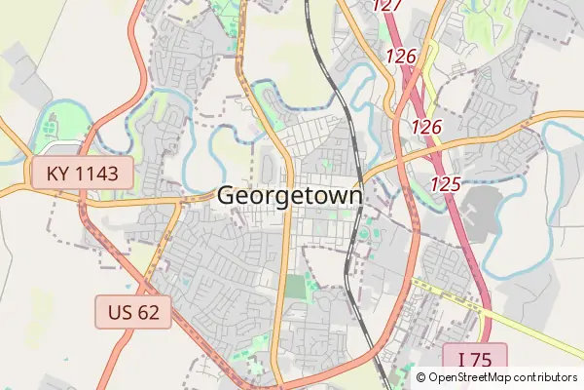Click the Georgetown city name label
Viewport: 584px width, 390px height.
pyautogui.click(x=290, y=195)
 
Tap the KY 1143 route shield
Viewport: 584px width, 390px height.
pyautogui.click(x=82, y=175)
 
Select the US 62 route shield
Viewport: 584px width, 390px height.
pyautogui.click(x=133, y=313)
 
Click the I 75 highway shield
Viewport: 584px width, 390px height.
pyautogui.click(x=474, y=358)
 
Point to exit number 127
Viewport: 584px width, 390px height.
pyautogui.click(x=387, y=5)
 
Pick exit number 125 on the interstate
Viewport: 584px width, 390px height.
pyautogui.click(x=445, y=183)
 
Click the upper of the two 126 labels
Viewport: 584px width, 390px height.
pyautogui.click(x=401, y=57)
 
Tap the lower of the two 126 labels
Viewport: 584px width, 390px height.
pyautogui.click(x=426, y=127)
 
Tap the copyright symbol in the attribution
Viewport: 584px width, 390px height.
pyautogui.click(x=421, y=377)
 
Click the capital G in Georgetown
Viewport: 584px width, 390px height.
pyautogui.click(x=226, y=195)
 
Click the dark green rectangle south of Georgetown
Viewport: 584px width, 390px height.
pyautogui.click(x=295, y=290)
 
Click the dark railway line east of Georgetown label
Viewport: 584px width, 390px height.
pyautogui.click(x=349, y=234)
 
